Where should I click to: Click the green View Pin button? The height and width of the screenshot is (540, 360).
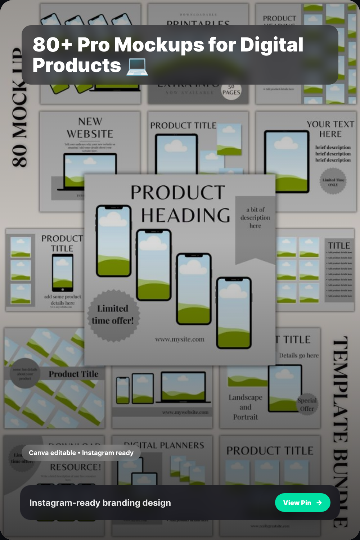[302, 503]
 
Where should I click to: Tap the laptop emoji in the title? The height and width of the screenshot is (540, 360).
[137, 66]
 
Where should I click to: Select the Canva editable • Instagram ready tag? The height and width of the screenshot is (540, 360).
[81, 453]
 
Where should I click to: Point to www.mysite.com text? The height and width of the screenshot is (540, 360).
[180, 339]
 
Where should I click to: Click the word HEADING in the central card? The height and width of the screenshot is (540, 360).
[185, 216]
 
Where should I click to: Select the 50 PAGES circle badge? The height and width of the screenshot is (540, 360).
[231, 90]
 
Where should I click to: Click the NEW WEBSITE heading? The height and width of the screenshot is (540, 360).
[90, 128]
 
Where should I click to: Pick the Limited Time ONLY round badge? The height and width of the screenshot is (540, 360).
[333, 182]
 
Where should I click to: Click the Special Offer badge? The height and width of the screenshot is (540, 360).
[307, 404]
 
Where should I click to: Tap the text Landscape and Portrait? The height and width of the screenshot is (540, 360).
[246, 407]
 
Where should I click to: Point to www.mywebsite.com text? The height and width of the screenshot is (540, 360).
[185, 412]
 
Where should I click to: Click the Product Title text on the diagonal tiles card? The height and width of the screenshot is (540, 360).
[73, 374]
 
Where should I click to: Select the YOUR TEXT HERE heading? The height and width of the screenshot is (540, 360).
[330, 129]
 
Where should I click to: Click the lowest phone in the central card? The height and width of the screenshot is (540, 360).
[234, 313]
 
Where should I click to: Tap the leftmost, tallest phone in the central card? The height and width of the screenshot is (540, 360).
[113, 241]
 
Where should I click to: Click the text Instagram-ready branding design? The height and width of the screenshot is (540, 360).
[100, 503]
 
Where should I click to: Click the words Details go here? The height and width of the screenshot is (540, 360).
[299, 355]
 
